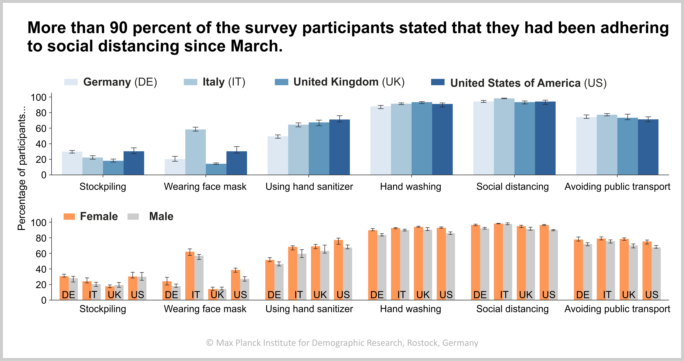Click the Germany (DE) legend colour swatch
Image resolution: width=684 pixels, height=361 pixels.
point(71,82)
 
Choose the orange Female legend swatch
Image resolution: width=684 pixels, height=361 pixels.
point(69,216)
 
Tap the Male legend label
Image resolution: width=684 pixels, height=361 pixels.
point(161,216)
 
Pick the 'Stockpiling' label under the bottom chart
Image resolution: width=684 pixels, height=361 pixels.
point(103,309)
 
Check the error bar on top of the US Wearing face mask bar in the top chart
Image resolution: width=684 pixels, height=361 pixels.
point(237,150)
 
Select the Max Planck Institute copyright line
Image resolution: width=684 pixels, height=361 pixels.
point(342,343)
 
